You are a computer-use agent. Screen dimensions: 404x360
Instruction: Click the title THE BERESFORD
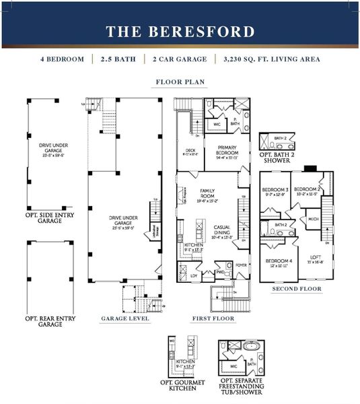tap(180, 32)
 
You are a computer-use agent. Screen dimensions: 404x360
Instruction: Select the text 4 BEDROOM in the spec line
tap(65, 59)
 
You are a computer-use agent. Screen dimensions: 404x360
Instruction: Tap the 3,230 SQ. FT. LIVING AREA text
tap(271, 59)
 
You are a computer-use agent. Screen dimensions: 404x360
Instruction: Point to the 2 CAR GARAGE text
tap(180, 59)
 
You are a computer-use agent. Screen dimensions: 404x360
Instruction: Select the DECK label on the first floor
tap(190, 150)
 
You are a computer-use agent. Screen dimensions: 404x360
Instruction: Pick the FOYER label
tap(240, 265)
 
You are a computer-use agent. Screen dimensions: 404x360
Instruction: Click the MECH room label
tap(314, 219)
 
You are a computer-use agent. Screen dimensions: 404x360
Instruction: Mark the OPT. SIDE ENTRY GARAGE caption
tap(50, 217)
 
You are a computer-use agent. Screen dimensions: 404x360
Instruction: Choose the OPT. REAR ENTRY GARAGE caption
tap(50, 321)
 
